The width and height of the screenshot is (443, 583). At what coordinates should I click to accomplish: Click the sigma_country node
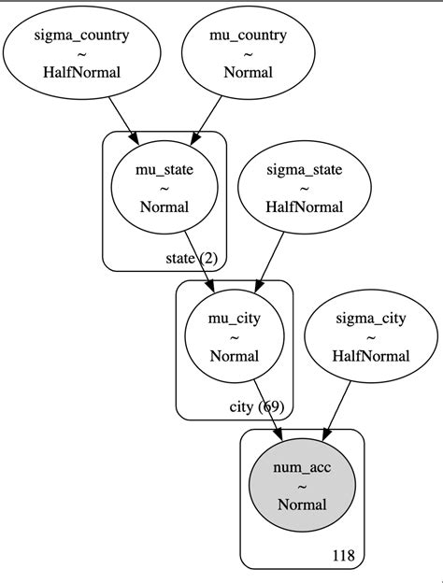click(81, 54)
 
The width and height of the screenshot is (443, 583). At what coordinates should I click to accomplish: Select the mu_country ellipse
click(239, 54)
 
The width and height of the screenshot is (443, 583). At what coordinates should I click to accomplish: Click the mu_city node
click(235, 336)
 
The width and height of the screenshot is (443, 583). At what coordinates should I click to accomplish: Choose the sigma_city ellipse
click(371, 336)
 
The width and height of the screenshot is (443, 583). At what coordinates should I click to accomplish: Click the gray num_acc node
click(301, 486)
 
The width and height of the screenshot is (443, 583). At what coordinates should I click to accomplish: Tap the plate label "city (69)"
click(256, 406)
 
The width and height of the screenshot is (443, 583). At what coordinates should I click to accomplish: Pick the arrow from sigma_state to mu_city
click(271, 263)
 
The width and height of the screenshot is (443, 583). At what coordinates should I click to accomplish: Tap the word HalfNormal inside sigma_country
click(81, 72)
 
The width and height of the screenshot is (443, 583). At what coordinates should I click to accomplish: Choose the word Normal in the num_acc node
click(301, 504)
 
